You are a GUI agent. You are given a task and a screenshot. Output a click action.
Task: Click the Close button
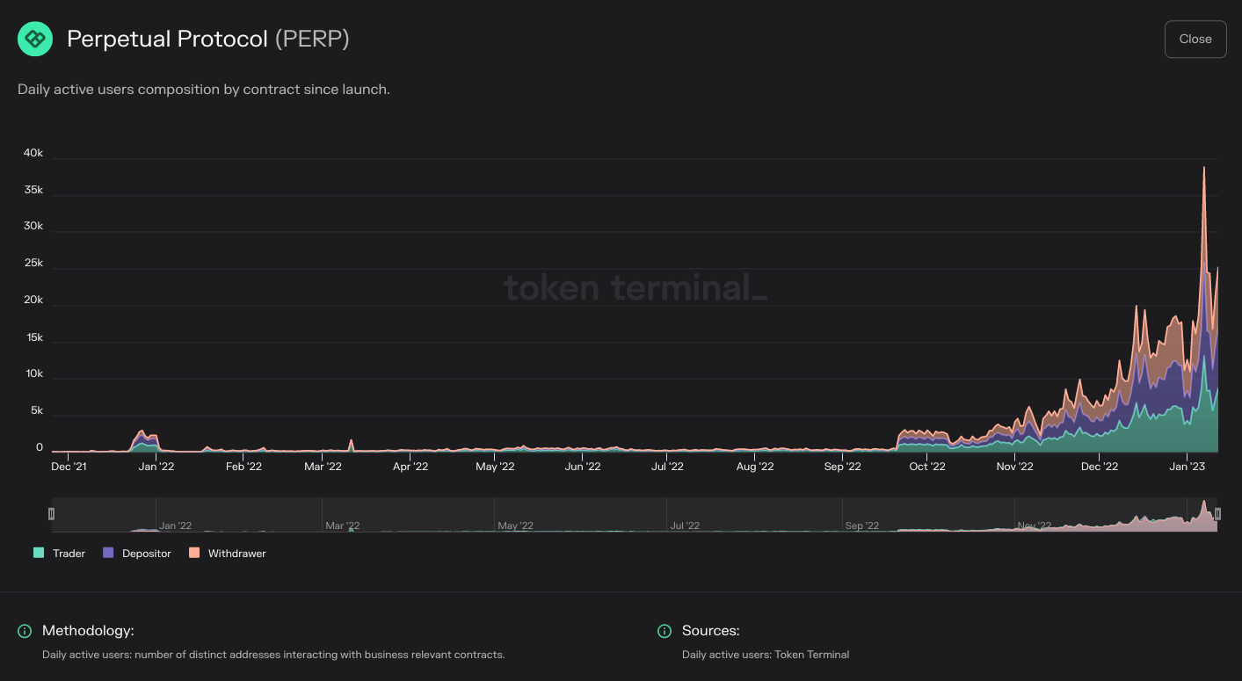1195,39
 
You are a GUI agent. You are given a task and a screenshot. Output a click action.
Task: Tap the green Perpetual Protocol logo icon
35,40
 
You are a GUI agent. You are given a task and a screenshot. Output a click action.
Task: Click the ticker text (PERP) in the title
312,40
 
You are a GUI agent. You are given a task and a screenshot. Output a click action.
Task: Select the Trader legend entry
60,554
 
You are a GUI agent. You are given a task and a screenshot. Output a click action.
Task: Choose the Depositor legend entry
137,554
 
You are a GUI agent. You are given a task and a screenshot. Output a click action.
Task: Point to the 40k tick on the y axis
33,153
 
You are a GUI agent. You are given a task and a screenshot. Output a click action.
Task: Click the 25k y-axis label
33,263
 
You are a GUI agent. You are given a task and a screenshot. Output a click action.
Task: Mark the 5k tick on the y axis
36,410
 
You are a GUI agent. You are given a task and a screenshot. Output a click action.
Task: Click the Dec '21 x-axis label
69,467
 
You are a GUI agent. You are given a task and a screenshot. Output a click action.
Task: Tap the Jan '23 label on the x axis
1188,467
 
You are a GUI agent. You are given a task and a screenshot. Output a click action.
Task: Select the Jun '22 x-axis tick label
581,467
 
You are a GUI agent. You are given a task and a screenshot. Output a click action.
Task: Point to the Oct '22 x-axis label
927,467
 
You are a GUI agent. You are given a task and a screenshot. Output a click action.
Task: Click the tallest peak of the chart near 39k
1203,168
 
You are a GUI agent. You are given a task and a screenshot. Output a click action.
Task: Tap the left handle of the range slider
51,514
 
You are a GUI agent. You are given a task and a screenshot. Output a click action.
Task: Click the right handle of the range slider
1217,514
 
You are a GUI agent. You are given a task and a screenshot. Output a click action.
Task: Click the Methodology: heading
88,631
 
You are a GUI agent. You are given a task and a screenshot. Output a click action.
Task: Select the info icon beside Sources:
665,631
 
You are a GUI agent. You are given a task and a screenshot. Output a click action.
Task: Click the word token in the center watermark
551,287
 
